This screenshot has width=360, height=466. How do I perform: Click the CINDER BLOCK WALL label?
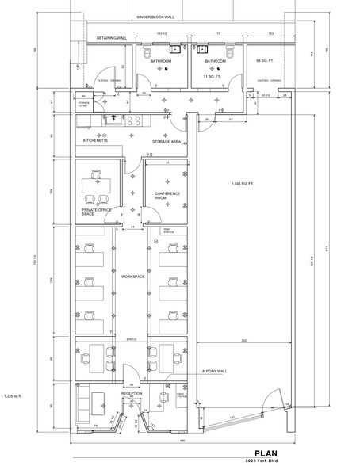pyautogui.click(x=155, y=16)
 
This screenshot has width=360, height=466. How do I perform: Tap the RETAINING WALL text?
pyautogui.click(x=111, y=38)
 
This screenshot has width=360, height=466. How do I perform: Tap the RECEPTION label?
pyautogui.click(x=131, y=392)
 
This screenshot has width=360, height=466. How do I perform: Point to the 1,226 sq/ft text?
pyautogui.click(x=17, y=395)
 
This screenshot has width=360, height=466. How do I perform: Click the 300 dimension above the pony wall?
pyautogui.click(x=244, y=341)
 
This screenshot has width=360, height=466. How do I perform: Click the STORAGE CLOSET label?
pyautogui.click(x=83, y=104)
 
